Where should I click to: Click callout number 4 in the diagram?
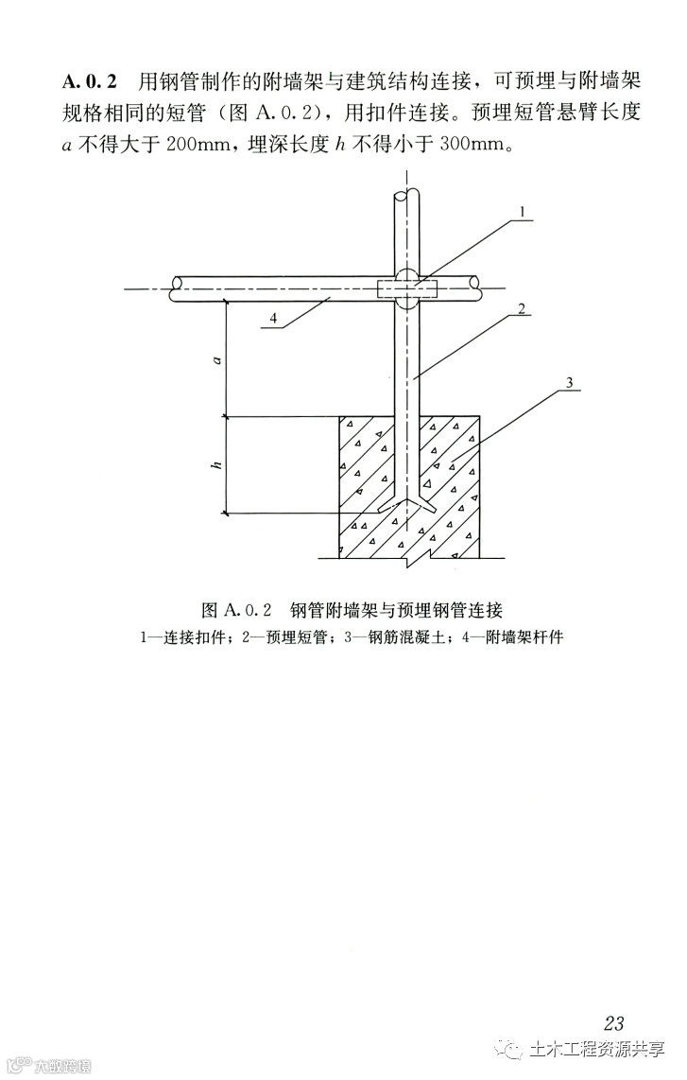click(x=272, y=320)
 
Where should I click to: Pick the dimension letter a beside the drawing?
click(x=216, y=359)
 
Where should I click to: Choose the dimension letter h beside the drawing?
click(x=216, y=464)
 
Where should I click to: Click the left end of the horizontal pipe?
click(x=178, y=289)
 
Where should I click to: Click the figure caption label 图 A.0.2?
click(x=236, y=607)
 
